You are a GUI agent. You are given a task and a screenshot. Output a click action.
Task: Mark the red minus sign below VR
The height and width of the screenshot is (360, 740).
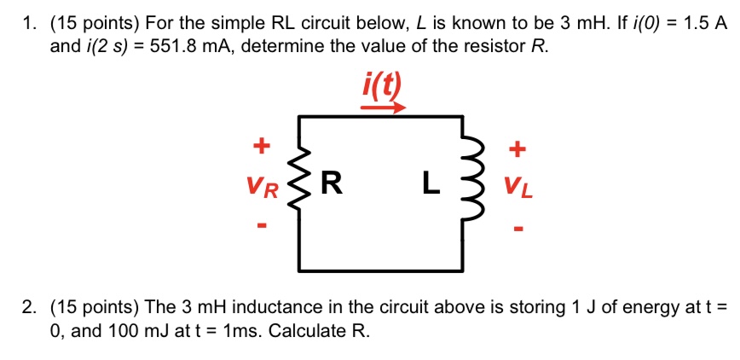tap(263, 227)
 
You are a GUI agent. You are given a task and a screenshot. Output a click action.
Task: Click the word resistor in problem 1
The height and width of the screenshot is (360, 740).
tap(494, 46)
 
